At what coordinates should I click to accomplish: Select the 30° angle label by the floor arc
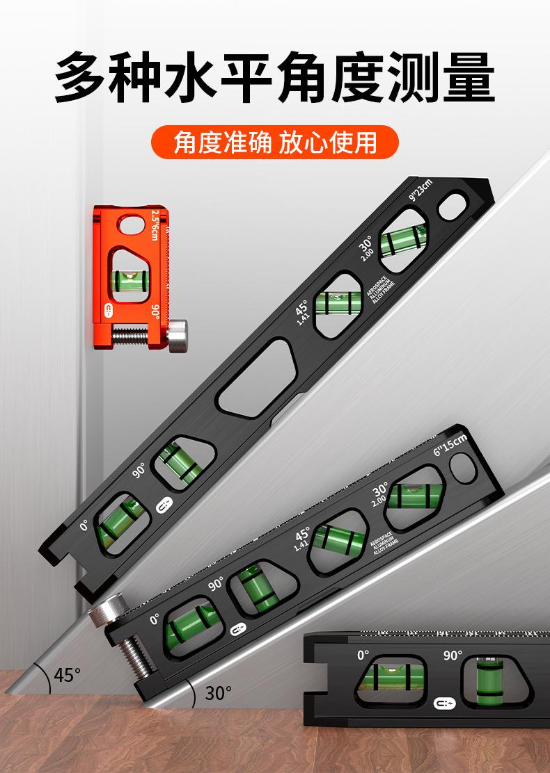pyautogui.click(x=219, y=692)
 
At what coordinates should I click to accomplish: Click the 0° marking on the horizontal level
pyautogui.click(x=363, y=654)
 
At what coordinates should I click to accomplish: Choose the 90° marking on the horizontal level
pyautogui.click(x=453, y=655)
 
